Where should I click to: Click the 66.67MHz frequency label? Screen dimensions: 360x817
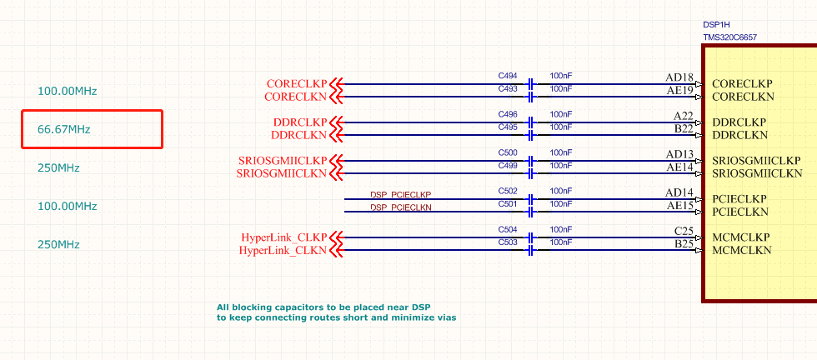[64, 129]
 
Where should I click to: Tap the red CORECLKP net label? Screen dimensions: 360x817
[297, 84]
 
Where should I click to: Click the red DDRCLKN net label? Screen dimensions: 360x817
[299, 135]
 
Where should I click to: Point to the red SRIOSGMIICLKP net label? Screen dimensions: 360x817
[282, 161]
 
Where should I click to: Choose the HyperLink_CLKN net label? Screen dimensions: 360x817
[283, 250]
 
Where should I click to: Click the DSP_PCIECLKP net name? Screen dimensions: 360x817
[400, 195]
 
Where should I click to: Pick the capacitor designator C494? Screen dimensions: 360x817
[508, 76]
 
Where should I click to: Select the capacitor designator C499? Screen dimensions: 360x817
[508, 166]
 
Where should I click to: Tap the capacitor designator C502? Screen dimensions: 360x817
[508, 192]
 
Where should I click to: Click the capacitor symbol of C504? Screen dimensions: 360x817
[530, 237]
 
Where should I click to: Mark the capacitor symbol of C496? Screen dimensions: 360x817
[530, 122]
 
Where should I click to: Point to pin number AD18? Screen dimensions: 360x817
[679, 77]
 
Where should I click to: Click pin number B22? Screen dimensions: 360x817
[684, 129]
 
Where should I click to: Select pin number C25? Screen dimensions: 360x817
[684, 231]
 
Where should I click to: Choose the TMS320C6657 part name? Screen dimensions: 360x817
[730, 37]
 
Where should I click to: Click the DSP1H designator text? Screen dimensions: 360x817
[717, 25]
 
